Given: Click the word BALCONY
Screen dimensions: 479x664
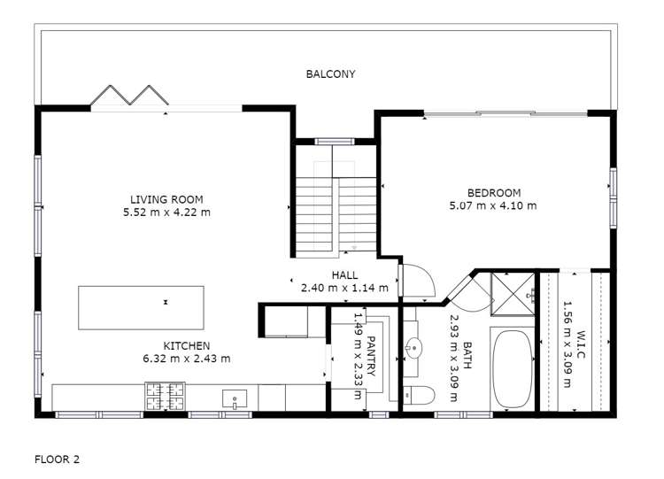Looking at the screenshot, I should (330, 74).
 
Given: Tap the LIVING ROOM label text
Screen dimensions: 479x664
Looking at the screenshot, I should (166, 199).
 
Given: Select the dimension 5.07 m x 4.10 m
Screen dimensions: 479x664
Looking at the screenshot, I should (493, 205).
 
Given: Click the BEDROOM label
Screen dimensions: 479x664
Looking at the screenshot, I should (493, 193).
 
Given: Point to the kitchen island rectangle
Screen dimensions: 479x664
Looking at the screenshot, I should (141, 305).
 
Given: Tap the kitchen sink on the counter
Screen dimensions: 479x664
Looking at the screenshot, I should (235, 398).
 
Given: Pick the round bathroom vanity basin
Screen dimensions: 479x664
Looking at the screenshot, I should (413, 348).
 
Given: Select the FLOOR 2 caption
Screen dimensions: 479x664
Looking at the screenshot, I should (58, 460).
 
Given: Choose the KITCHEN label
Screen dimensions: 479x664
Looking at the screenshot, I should (186, 345).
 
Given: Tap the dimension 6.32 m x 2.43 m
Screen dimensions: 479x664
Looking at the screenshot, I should (186, 359).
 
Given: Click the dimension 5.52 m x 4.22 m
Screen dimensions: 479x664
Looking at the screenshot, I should (166, 212).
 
